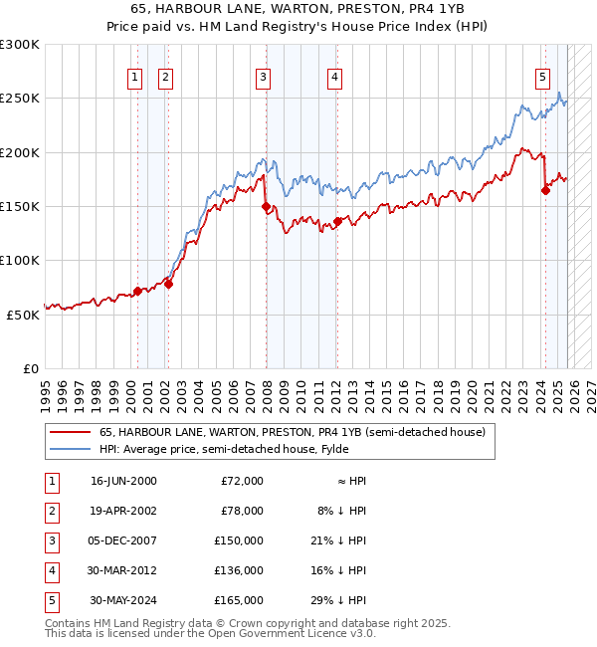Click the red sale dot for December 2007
click(266, 207)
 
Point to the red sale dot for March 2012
click(337, 222)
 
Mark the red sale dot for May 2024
click(545, 191)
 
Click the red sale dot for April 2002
click(168, 284)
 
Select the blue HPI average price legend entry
click(249, 449)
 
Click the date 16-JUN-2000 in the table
click(123, 481)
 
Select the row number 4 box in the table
click(51, 570)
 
